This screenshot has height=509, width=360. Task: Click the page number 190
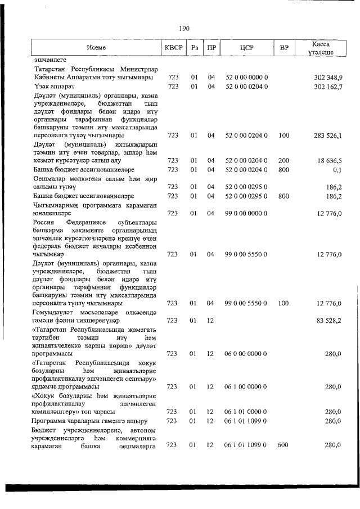184,28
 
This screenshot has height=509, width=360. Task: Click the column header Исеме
96,48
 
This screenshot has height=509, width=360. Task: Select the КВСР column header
173,48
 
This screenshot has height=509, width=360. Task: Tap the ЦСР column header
246,48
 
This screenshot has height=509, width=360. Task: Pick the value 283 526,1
327,136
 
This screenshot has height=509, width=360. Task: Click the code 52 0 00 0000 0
246,77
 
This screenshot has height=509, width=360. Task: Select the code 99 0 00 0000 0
246,213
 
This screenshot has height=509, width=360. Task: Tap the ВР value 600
283,445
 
